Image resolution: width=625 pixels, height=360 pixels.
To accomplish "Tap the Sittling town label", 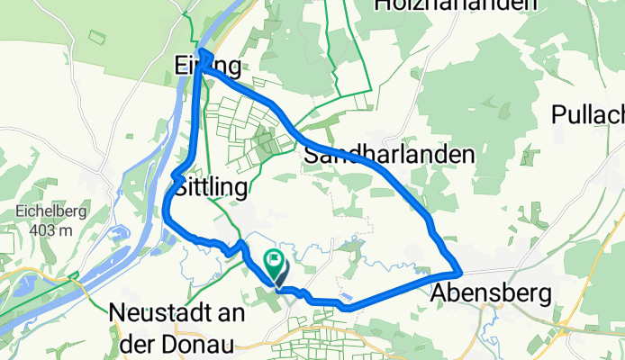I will (x=209, y=188).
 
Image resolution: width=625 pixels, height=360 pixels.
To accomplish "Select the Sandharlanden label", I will (x=390, y=155).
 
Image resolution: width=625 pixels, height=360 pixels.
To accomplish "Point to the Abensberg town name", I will (x=491, y=292).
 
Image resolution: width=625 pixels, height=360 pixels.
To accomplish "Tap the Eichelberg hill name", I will (x=45, y=213).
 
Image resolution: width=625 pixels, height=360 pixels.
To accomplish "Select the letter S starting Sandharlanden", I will (x=312, y=155).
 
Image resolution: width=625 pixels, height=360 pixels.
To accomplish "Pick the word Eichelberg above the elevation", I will (x=45, y=213).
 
